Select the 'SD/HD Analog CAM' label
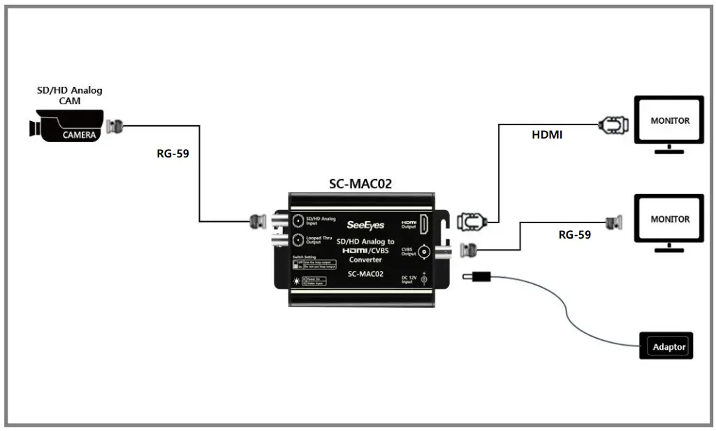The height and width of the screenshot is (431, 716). pyautogui.click(x=69, y=95)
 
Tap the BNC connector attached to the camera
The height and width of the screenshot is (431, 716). pyautogui.click(x=116, y=127)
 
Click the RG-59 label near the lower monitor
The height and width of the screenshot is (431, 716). pyautogui.click(x=574, y=235)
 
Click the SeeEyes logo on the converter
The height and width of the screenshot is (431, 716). pyautogui.click(x=365, y=225)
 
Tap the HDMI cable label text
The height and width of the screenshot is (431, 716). pyautogui.click(x=547, y=134)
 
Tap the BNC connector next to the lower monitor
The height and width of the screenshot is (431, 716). pyautogui.click(x=614, y=223)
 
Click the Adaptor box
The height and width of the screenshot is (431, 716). pyautogui.click(x=667, y=346)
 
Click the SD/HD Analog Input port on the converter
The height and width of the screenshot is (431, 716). pyautogui.click(x=299, y=220)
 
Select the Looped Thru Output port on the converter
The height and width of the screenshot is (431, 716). pyautogui.click(x=299, y=240)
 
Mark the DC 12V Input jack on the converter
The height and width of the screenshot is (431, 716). pyautogui.click(x=423, y=280)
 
